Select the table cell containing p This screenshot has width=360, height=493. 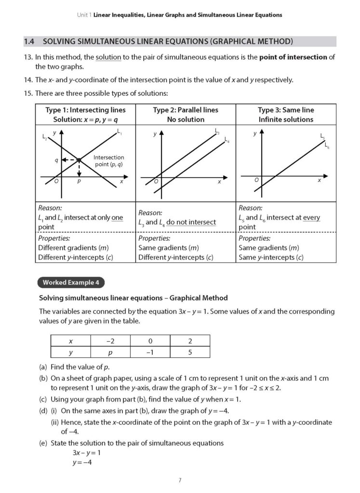[111, 352]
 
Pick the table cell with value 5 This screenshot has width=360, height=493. [190, 352]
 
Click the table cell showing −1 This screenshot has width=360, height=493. [150, 352]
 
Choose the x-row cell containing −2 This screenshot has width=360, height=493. [111, 341]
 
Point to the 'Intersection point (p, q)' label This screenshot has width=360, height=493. [108, 161]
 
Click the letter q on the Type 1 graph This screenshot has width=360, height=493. [56, 159]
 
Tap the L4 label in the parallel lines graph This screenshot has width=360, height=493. [227, 140]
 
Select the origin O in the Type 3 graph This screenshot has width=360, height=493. [256, 180]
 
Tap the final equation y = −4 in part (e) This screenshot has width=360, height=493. [82, 463]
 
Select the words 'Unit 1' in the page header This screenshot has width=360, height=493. [84, 15]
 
